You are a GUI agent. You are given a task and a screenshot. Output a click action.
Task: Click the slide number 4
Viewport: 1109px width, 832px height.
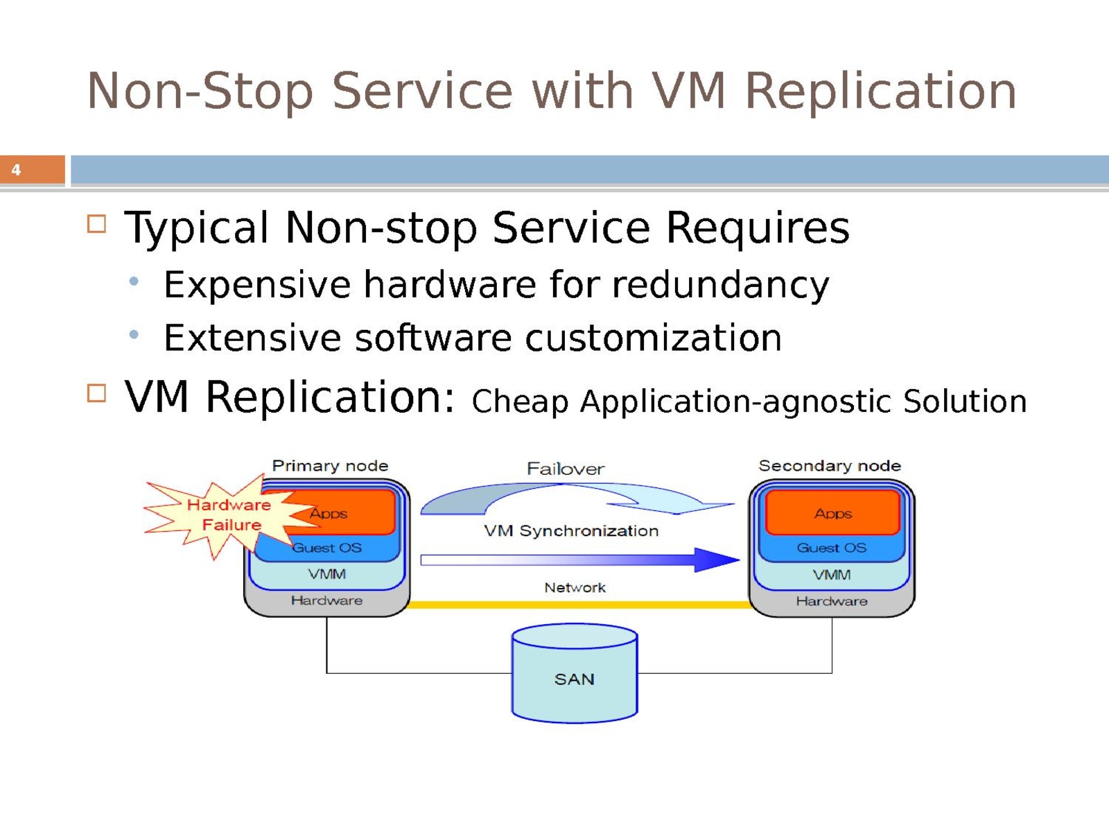pos(16,170)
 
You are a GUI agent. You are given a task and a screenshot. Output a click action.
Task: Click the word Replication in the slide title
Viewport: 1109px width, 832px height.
pos(880,91)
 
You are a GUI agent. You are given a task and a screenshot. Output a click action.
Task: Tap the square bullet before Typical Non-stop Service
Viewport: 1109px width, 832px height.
pos(97,224)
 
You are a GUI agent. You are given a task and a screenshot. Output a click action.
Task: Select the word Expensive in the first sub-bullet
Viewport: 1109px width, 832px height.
pos(257,285)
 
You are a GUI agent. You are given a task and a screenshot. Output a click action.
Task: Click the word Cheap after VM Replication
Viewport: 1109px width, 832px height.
pos(520,402)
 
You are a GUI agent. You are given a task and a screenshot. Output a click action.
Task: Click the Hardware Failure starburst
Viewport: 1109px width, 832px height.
pos(222,515)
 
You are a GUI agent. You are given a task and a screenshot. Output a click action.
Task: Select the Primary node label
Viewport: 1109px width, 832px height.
pos(330,466)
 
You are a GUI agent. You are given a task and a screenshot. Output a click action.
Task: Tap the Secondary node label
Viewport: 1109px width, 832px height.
pos(830,466)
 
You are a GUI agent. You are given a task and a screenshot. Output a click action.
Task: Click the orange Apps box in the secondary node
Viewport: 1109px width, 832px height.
pos(832,513)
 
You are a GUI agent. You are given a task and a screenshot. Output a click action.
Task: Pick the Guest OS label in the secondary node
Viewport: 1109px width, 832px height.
pos(832,548)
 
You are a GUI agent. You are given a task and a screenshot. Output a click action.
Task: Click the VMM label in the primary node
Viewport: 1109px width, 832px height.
pos(327,574)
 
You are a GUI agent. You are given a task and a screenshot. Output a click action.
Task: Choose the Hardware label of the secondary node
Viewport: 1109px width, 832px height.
pos(832,601)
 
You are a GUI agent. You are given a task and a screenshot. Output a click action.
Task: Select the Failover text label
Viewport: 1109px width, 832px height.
pos(566,469)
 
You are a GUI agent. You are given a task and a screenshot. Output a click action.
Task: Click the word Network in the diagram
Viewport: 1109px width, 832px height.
pos(575,588)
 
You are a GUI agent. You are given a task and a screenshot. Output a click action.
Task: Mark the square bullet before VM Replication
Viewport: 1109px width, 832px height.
pos(97,394)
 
